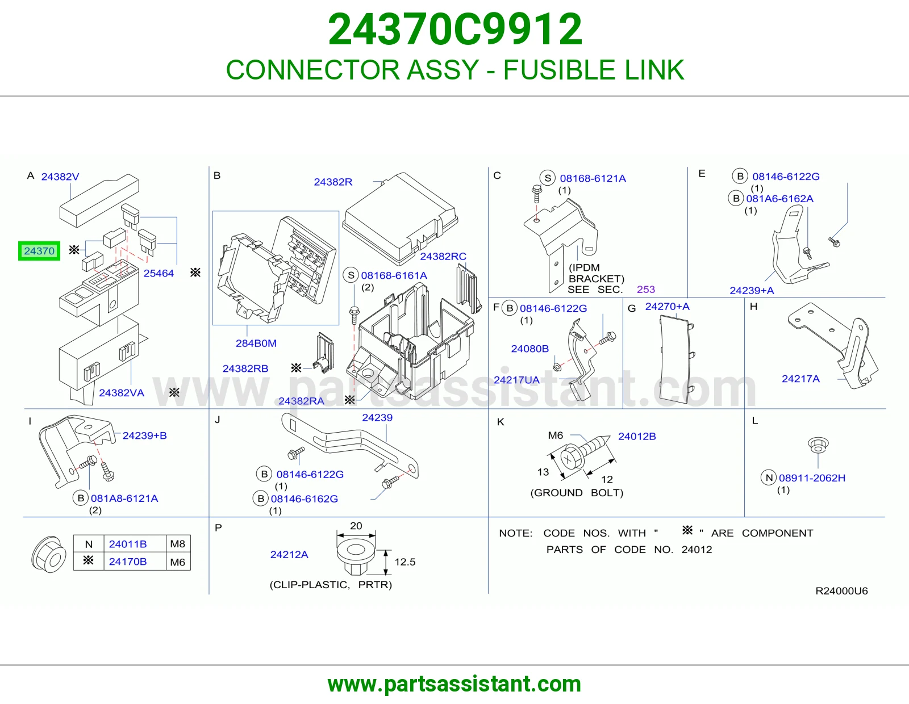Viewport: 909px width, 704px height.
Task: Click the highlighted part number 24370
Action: click(39, 251)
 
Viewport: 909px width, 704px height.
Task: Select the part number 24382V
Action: click(60, 177)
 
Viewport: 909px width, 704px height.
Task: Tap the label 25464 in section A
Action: click(159, 274)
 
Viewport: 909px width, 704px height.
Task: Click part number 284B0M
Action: click(256, 343)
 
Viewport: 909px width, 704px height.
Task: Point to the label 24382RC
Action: click(443, 256)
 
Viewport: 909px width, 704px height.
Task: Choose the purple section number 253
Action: click(646, 290)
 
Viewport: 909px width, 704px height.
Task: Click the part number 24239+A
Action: click(752, 291)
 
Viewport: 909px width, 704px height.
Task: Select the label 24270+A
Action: click(667, 307)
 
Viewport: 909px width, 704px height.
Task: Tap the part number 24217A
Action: click(800, 379)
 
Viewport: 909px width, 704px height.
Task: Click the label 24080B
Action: click(530, 349)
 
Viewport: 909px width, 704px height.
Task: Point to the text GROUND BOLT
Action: click(577, 493)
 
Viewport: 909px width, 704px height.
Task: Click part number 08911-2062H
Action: click(812, 478)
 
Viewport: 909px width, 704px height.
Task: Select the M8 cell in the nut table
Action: click(177, 544)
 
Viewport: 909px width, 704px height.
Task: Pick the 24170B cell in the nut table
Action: click(128, 561)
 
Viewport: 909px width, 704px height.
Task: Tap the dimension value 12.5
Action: click(405, 562)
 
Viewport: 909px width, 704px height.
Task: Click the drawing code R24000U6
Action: click(841, 590)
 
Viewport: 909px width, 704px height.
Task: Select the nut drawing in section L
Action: click(818, 445)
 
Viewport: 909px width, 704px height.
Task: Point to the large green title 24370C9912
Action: click(454, 30)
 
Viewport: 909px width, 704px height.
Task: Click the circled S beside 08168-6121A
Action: click(547, 178)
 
